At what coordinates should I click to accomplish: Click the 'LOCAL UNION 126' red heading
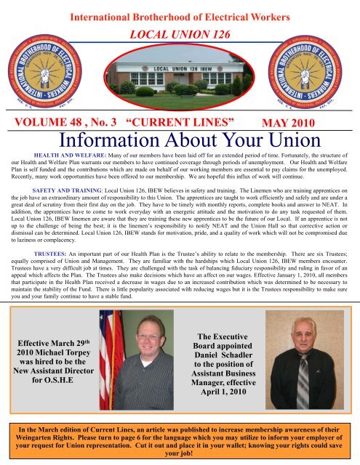click(x=180, y=35)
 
